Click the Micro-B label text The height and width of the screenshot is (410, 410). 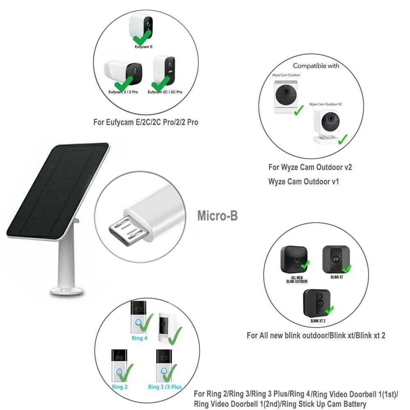pyautogui.click(x=217, y=216)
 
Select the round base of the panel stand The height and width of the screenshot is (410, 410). pyautogui.click(x=67, y=291)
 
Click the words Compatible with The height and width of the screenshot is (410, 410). pyautogui.click(x=316, y=66)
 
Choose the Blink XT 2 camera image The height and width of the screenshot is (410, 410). pyautogui.click(x=317, y=303)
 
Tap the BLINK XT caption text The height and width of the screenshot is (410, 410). pyautogui.click(x=336, y=277)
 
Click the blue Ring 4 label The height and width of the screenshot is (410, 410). pyautogui.click(x=139, y=338)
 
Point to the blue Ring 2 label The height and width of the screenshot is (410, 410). pyautogui.click(x=120, y=387)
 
